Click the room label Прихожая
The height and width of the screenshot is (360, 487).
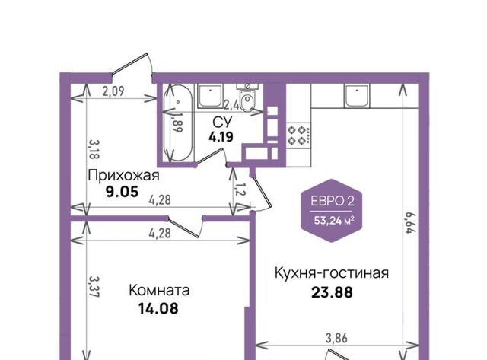click(x=123, y=176)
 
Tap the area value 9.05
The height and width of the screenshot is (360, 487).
click(x=122, y=193)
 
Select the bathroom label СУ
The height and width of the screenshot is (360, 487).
click(x=222, y=123)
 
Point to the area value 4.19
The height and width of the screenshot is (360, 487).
click(x=221, y=137)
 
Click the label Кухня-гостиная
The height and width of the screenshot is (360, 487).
click(x=332, y=273)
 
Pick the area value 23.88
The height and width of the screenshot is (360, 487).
click(x=332, y=292)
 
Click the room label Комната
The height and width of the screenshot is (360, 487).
click(x=159, y=291)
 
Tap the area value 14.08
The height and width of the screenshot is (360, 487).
click(x=158, y=309)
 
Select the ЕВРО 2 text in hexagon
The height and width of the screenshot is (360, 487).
click(x=333, y=201)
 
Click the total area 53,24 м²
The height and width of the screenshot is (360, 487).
click(x=334, y=221)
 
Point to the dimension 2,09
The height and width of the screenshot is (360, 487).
click(x=113, y=91)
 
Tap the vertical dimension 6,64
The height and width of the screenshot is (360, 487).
click(x=410, y=222)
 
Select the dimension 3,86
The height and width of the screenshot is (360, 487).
click(x=336, y=338)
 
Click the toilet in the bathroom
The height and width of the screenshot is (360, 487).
click(x=247, y=97)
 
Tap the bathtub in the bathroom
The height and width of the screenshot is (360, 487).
click(x=178, y=123)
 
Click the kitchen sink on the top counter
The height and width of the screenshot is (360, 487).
click(x=357, y=96)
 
